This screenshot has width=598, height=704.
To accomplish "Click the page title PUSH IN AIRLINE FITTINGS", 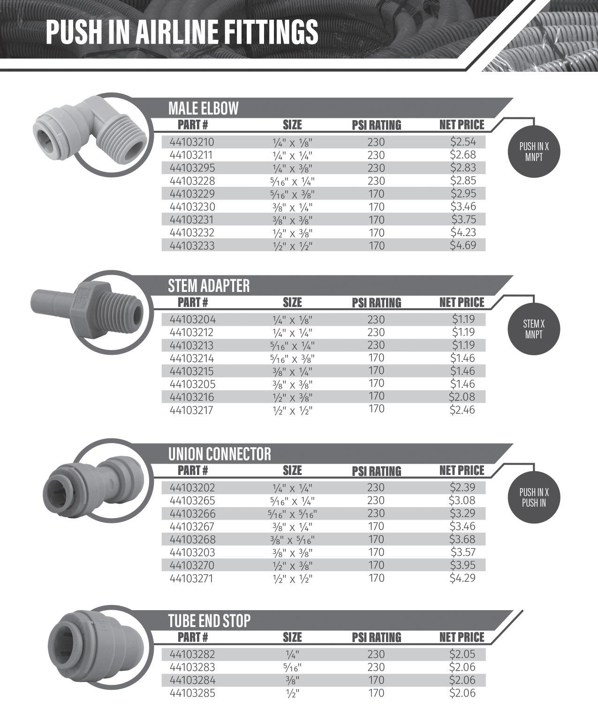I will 182,32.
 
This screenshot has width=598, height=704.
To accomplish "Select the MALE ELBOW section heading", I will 203,108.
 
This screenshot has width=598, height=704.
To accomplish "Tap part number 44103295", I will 192,168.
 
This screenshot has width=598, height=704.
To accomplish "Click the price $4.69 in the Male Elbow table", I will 462,245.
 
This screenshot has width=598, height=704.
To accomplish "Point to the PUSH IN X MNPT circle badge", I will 534,152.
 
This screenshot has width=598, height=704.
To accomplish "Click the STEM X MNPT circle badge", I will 534,329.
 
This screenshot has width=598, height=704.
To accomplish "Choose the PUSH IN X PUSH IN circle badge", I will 534,498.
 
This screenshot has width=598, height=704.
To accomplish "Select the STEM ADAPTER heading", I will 209,286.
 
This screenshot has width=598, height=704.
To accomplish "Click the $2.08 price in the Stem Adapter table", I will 462,397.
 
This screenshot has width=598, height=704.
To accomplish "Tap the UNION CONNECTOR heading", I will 220,454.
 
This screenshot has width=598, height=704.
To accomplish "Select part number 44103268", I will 192,539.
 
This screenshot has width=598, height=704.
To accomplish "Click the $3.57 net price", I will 462,552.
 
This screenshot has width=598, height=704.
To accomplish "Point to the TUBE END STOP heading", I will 209,621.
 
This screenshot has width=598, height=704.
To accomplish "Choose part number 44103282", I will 192,654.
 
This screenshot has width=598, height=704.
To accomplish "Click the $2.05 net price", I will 462,654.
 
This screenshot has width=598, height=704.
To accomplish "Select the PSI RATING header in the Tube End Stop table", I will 377,637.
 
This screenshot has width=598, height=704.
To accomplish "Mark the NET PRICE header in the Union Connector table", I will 462,470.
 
